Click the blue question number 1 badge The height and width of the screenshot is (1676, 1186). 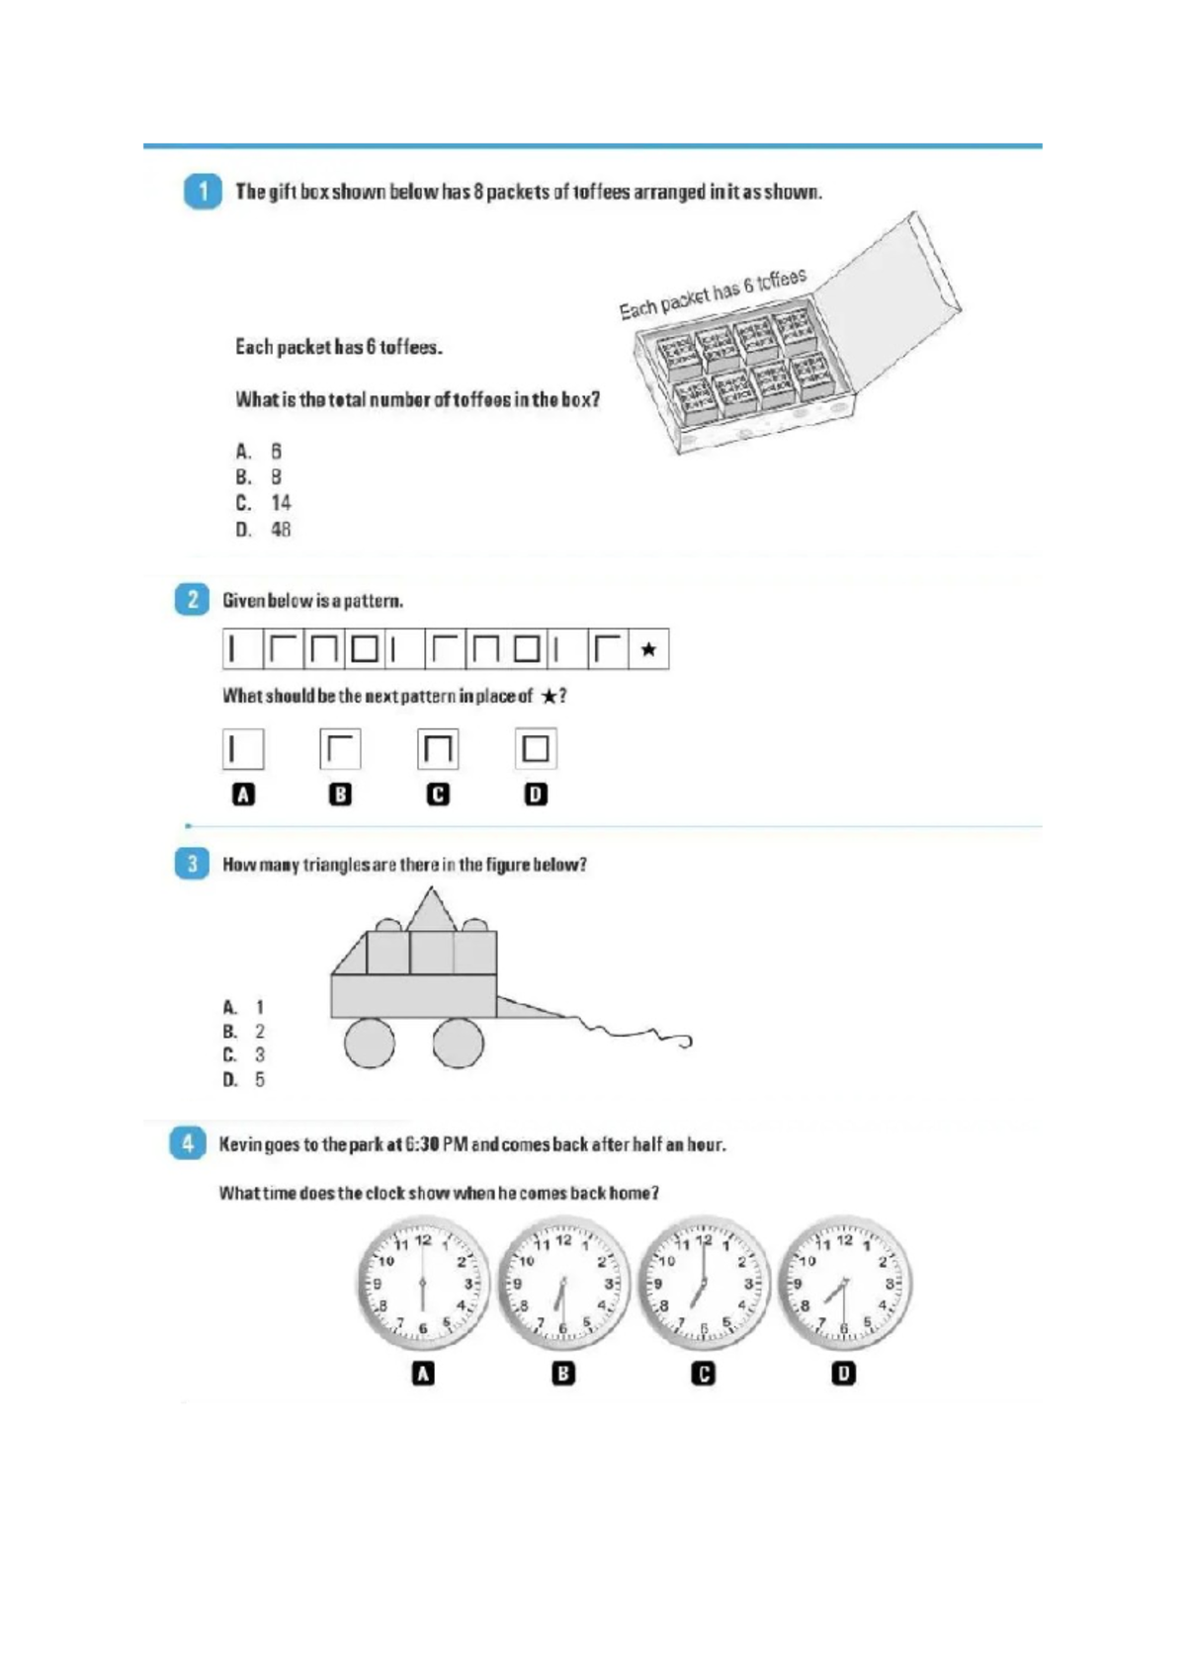[203, 191]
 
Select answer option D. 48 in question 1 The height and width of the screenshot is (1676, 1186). [264, 530]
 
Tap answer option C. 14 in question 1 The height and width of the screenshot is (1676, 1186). [264, 503]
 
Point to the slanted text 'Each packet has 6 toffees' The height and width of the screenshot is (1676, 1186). [713, 293]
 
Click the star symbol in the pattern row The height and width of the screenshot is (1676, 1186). [648, 649]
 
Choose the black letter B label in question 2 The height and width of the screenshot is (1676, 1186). [340, 794]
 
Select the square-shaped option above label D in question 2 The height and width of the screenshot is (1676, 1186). [536, 748]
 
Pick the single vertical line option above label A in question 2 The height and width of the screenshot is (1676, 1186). [243, 748]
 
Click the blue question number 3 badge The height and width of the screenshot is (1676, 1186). [192, 864]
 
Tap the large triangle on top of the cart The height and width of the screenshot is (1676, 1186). [431, 910]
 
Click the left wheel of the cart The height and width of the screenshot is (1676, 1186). [370, 1043]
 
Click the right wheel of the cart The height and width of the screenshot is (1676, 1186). [459, 1043]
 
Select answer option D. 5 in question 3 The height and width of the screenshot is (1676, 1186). [244, 1079]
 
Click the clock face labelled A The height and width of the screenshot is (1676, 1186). [423, 1284]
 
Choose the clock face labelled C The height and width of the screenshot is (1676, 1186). [703, 1284]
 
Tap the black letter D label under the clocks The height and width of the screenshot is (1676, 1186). [843, 1373]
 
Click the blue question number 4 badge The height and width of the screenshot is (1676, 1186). [188, 1143]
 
